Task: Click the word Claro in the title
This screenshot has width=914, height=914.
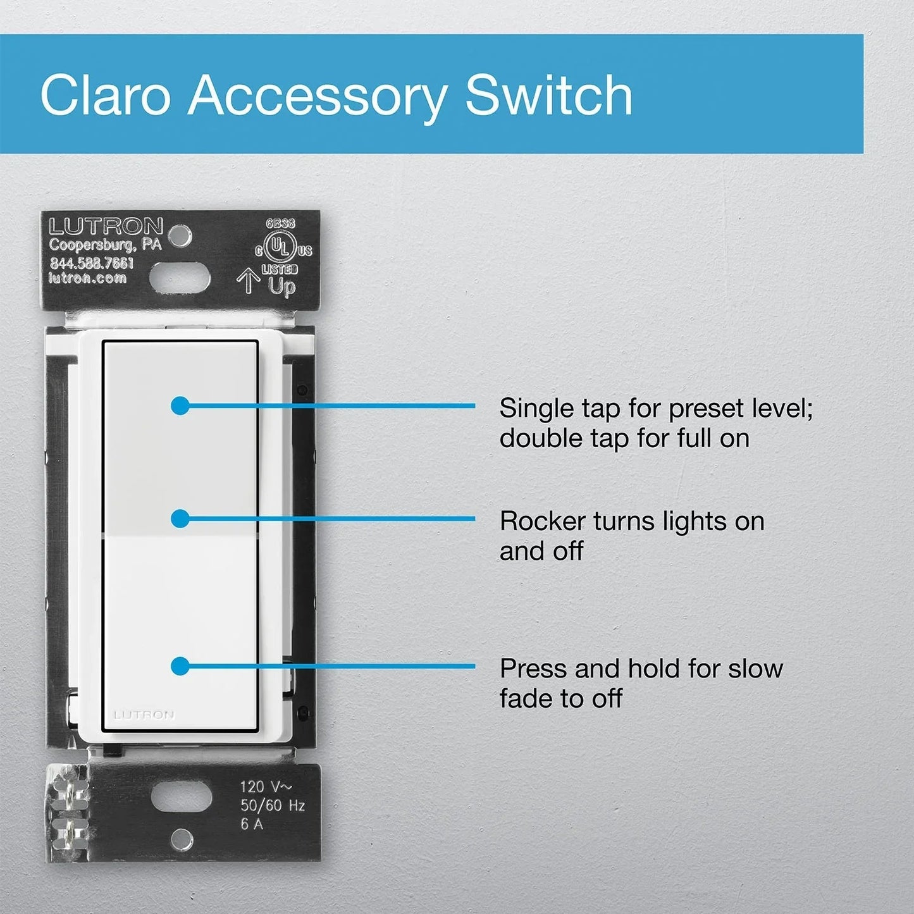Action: tap(106, 95)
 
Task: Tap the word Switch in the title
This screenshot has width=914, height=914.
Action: tap(548, 95)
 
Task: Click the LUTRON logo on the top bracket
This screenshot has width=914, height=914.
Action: tap(106, 226)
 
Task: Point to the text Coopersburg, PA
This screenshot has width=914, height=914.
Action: tap(106, 244)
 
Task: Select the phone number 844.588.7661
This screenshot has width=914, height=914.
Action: tap(92, 262)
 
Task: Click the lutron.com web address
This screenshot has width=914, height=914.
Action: tap(87, 278)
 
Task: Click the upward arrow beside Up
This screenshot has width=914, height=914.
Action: tap(248, 281)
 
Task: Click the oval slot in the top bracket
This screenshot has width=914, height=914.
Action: tap(180, 276)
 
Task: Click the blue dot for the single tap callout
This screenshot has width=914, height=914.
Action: tap(180, 405)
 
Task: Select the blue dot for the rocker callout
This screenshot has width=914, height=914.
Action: tap(180, 519)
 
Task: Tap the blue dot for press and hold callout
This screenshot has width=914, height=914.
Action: tap(180, 666)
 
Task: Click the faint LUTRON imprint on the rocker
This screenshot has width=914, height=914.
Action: tap(144, 715)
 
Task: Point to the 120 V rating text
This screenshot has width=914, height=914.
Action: tap(266, 787)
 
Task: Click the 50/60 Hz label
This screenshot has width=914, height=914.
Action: tap(273, 805)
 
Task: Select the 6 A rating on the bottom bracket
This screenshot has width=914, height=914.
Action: tap(252, 824)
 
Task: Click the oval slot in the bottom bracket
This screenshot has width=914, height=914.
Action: tap(181, 798)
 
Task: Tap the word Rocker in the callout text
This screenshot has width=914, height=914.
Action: tap(541, 522)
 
